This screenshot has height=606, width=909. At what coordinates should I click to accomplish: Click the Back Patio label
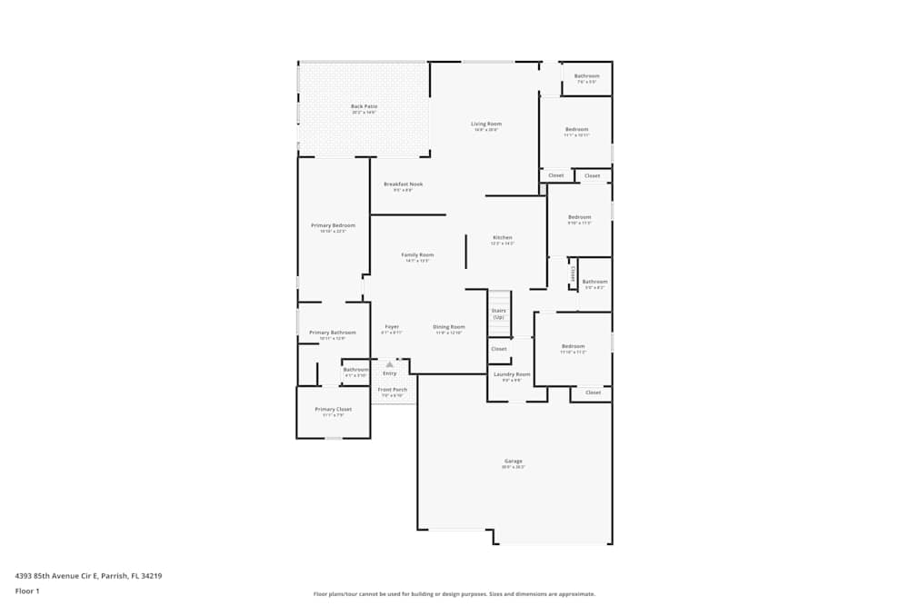tap(364, 106)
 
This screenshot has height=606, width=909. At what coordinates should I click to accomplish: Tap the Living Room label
tap(485, 124)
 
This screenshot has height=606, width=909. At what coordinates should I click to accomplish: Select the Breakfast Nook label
tap(403, 184)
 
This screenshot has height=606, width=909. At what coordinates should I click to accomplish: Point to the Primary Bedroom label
tap(333, 225)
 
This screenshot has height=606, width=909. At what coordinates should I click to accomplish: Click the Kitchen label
tap(502, 238)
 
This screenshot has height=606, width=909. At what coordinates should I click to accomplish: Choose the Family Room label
tap(417, 255)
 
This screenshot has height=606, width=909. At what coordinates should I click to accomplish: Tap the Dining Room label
tap(448, 327)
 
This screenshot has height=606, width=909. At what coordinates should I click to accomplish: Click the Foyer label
tap(392, 327)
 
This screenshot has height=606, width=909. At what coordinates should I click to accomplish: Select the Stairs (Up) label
tap(498, 313)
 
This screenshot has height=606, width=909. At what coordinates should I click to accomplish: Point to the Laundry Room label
tap(511, 374)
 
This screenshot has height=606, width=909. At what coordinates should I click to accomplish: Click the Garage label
tap(514, 461)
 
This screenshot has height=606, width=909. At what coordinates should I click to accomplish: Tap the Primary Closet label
tap(333, 410)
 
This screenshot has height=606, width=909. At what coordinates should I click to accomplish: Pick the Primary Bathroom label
tap(332, 333)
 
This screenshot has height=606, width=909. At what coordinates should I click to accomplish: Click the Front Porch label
tap(392, 390)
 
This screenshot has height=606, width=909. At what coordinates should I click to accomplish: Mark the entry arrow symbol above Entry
tap(390, 364)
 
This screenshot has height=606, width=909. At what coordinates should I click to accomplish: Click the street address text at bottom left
tap(88, 575)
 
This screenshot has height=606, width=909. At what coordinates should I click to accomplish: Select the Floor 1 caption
tap(27, 591)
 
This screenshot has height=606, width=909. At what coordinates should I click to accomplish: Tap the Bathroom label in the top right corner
tap(586, 76)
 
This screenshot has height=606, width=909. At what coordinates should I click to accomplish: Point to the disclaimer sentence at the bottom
tap(454, 593)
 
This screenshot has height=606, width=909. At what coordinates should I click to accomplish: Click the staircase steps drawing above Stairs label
tap(499, 299)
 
